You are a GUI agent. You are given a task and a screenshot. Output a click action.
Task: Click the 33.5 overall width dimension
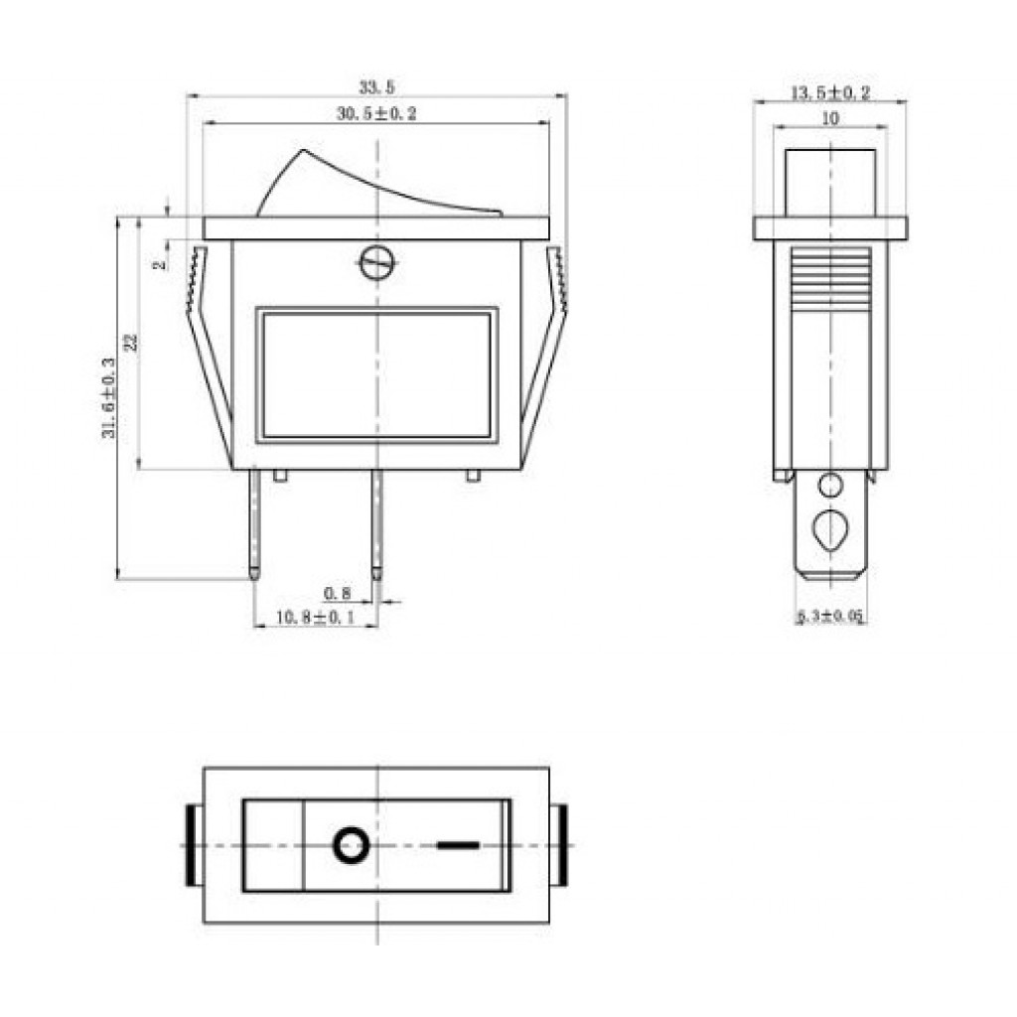pyautogui.click(x=376, y=87)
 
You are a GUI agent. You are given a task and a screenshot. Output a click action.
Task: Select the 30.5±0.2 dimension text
pyautogui.click(x=376, y=113)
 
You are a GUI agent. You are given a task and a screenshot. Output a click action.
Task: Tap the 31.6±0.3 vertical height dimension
pyautogui.click(x=108, y=397)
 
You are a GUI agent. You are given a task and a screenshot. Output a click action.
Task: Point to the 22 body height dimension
pyautogui.click(x=132, y=342)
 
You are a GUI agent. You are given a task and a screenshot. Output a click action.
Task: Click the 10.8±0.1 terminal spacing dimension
pyautogui.click(x=315, y=617)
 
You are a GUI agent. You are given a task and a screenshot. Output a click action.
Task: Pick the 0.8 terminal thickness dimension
pyautogui.click(x=337, y=593)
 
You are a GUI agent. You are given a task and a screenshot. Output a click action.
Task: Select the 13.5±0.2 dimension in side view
pyautogui.click(x=830, y=92)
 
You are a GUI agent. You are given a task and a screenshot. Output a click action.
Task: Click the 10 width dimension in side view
pyautogui.click(x=830, y=119)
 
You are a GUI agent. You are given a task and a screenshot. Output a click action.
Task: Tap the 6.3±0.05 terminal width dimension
pyautogui.click(x=830, y=616)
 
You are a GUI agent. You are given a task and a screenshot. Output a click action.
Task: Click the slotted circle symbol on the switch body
pyautogui.click(x=376, y=262)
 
